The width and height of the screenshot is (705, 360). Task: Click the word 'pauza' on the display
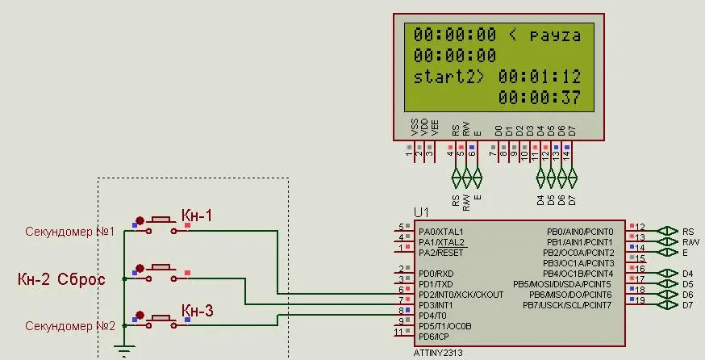554,36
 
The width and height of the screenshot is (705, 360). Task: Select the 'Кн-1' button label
197,216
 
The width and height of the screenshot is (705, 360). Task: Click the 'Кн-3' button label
197,311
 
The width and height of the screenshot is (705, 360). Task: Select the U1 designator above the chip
422,212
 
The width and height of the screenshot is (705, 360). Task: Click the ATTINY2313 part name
436,354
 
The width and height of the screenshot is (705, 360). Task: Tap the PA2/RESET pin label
440,253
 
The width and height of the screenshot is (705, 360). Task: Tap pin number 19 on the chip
640,300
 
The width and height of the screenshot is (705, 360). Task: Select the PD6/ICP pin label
434,336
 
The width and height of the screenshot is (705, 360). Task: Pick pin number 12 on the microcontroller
640,227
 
